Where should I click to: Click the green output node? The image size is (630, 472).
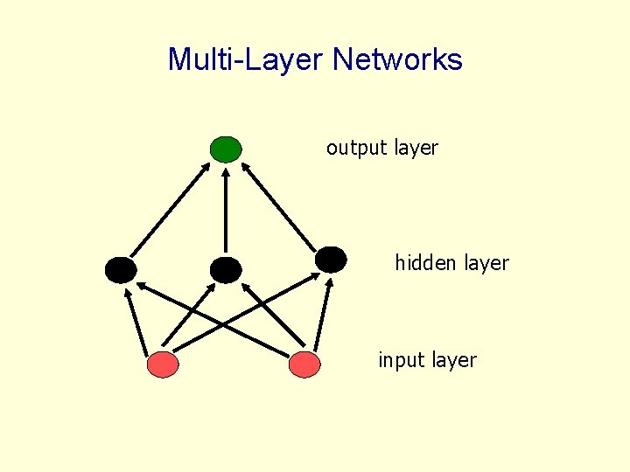(x=226, y=149)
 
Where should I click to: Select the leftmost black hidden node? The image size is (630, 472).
(x=121, y=270)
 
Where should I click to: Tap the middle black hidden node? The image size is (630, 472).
(x=225, y=270)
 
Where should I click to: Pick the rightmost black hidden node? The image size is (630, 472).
(x=331, y=259)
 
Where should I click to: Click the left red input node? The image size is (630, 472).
(x=163, y=364)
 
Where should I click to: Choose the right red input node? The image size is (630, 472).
(x=304, y=364)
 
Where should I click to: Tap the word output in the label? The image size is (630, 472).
(x=356, y=149)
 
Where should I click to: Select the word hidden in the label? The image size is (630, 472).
(x=423, y=262)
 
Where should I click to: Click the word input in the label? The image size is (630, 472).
(x=399, y=360)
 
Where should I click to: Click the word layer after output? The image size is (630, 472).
(x=416, y=149)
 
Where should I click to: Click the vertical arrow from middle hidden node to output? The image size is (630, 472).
(x=226, y=210)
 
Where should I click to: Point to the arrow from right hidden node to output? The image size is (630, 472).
(x=280, y=205)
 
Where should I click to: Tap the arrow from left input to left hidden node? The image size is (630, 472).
(x=140, y=320)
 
